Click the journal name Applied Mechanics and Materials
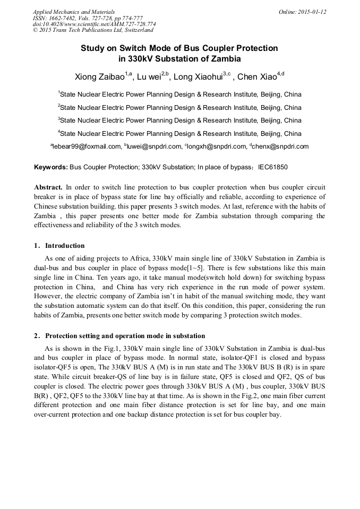(x=74, y=11)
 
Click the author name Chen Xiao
(x=257, y=77)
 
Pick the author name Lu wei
(x=149, y=77)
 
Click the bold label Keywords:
(x=51, y=167)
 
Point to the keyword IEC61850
(x=272, y=167)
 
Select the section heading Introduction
(x=65, y=246)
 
